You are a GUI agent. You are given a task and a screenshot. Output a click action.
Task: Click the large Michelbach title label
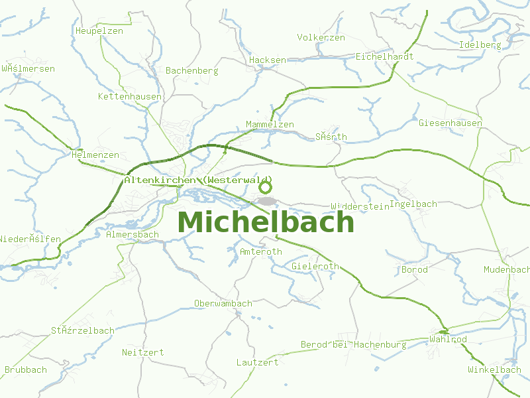coord(266,222)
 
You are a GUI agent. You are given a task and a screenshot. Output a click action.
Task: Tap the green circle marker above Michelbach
coord(265,187)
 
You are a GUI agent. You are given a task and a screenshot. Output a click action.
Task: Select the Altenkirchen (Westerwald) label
coord(198,180)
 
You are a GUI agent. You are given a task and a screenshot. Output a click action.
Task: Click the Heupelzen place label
coord(99,31)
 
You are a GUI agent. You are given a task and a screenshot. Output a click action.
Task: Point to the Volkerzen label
coord(321,37)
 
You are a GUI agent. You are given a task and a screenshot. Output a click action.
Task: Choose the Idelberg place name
coord(480,44)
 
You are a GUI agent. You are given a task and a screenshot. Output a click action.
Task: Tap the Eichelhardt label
coord(385,56)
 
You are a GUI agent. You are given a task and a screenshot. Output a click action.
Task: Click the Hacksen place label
coord(268,60)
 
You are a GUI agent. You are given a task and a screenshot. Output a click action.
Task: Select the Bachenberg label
coord(192,70)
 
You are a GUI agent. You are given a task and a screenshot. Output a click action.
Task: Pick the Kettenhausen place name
coord(130,96)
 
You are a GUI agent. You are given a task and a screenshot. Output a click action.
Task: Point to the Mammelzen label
coord(270,124)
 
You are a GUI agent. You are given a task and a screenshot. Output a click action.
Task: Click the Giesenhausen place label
coord(450,123)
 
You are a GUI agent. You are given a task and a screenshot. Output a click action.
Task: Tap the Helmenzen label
coord(95,155)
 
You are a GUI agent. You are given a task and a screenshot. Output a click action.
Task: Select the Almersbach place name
coord(132,234)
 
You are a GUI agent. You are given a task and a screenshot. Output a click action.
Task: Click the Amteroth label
coord(261,251)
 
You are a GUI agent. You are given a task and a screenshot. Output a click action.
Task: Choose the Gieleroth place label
coord(315,266)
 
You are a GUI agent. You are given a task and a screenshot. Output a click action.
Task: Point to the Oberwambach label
coord(223,303)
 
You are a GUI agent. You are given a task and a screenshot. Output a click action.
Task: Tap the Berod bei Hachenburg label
coord(354,344)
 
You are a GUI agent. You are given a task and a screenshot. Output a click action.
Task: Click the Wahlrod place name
coord(449,339)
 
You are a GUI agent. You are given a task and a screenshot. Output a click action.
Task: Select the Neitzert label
coord(143,352)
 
